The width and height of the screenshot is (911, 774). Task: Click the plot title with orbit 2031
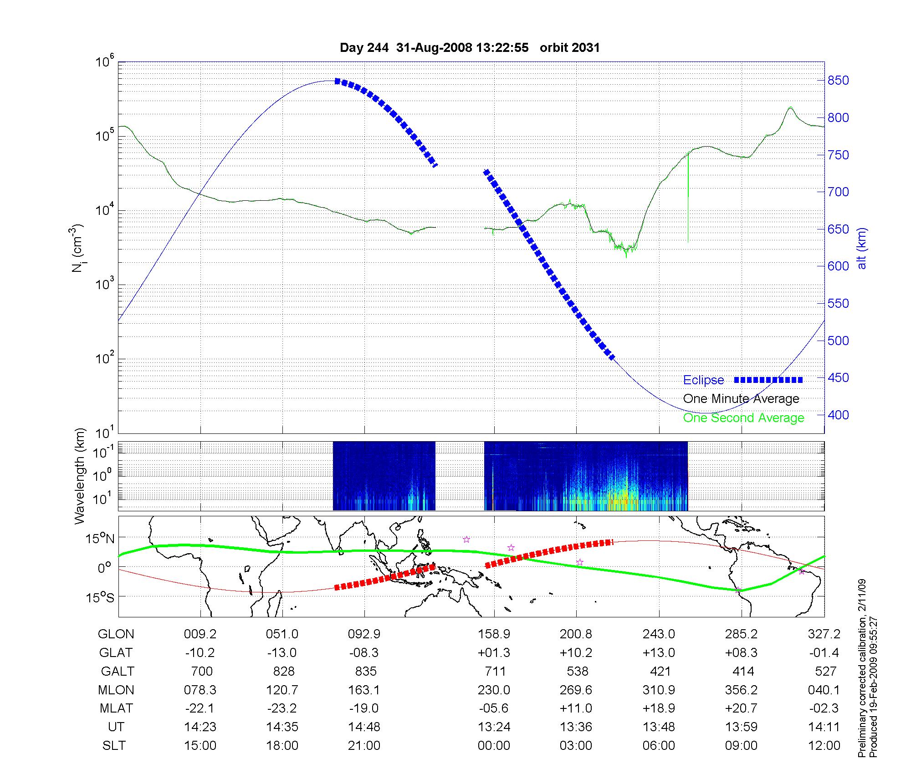pos(470,48)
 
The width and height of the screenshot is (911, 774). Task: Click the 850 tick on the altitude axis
pos(838,81)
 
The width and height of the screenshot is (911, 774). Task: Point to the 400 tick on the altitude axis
pos(838,415)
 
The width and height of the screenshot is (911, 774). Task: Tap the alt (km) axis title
pos(861,248)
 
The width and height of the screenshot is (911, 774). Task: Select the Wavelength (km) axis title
pos(80,476)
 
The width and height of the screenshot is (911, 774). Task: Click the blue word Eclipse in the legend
pos(703,380)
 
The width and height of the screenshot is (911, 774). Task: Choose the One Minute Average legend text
pos(741,399)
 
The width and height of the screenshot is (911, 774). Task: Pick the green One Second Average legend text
pos(743,418)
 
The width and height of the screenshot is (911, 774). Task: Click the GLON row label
pos(116,634)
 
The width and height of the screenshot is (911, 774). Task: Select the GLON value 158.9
pos(494,634)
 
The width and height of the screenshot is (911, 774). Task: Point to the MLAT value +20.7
pos(741,708)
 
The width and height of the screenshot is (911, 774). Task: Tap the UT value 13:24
pos(494,727)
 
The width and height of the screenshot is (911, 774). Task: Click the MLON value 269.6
pos(576,690)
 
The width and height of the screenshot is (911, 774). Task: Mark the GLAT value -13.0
pos(282,653)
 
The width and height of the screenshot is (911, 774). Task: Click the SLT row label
pos(114,746)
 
